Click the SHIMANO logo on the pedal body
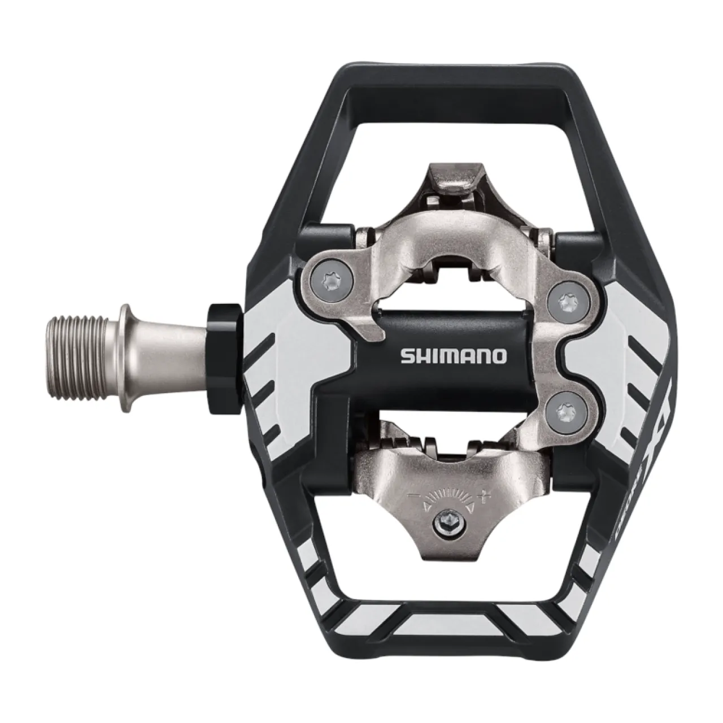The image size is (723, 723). point(454,356)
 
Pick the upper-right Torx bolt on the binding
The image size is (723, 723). point(567,303)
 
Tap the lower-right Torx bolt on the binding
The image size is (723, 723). point(567,411)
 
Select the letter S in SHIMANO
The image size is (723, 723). point(406,356)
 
